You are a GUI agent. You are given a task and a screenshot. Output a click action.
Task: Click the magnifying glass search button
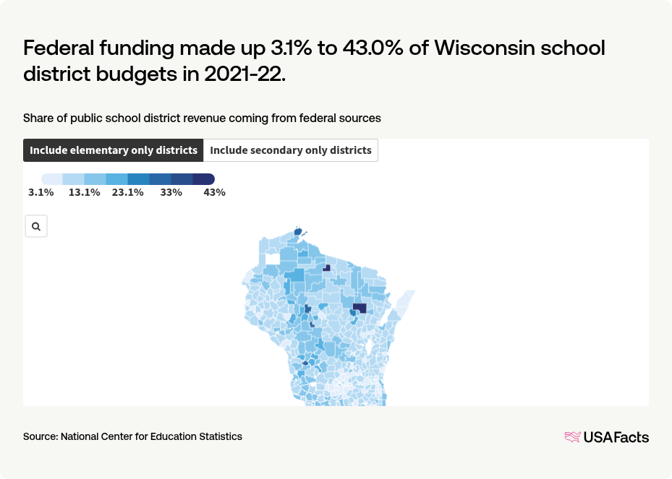tap(36, 226)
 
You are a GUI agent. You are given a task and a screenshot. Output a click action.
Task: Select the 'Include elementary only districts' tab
tap(114, 150)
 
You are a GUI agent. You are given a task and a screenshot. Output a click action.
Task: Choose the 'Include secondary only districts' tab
tap(291, 150)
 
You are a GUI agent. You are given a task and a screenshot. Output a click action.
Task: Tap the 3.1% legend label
tap(41, 192)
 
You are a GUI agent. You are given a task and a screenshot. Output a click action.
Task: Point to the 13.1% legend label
tap(84, 192)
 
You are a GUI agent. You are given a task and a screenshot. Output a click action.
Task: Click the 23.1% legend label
tap(127, 192)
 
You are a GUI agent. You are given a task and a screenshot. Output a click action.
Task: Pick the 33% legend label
tap(171, 192)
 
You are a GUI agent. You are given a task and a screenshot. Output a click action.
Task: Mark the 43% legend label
tap(214, 192)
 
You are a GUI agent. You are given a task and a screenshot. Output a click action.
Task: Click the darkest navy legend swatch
tap(204, 178)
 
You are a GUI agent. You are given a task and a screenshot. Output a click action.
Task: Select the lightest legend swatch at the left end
tap(52, 178)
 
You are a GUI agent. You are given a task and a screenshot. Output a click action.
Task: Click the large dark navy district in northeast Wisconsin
tap(360, 308)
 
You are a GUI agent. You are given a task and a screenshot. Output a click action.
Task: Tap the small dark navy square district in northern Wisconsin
tap(326, 267)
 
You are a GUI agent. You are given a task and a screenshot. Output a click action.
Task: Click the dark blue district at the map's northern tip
tap(297, 233)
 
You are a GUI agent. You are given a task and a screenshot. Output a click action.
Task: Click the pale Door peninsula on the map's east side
tap(404, 303)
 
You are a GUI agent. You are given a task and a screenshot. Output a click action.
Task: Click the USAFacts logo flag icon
tap(572, 436)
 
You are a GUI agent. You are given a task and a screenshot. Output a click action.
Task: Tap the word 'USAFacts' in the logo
tap(616, 436)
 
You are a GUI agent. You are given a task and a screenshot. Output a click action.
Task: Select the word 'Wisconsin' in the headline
tap(487, 49)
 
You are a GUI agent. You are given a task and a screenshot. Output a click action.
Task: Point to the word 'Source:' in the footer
tap(41, 436)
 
